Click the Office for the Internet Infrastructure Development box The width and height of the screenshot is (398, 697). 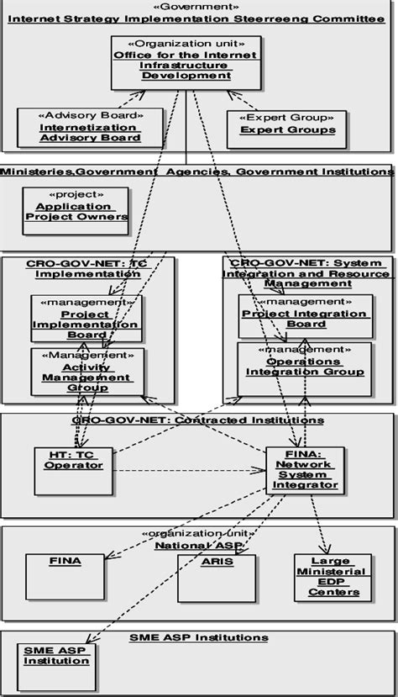[174, 63]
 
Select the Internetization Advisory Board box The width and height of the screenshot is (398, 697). [79, 126]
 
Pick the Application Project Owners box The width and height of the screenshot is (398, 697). [76, 211]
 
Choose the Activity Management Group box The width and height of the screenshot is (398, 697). [86, 372]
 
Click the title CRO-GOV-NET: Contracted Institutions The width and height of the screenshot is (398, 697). [198, 420]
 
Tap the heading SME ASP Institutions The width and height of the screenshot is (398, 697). [198, 637]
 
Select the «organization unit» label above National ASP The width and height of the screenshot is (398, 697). [198, 533]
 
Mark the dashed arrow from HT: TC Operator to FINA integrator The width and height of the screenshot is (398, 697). [189, 471]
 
